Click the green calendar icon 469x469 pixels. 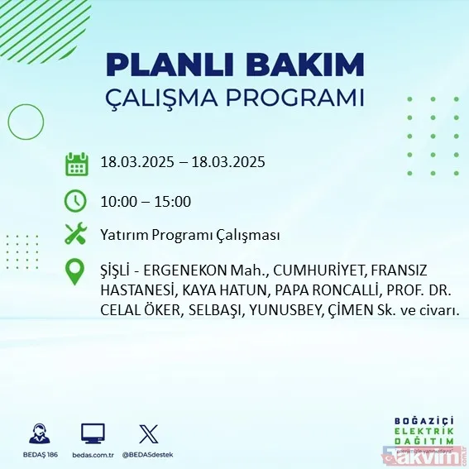pyautogui.click(x=76, y=163)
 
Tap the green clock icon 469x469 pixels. pyautogui.click(x=76, y=201)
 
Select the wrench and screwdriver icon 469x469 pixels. pyautogui.click(x=76, y=235)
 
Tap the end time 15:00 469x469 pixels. pyautogui.click(x=174, y=201)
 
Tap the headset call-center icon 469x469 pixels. pyautogui.click(x=38, y=434)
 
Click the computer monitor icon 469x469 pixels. pyautogui.click(x=93, y=434)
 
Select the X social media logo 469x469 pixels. pyautogui.click(x=148, y=434)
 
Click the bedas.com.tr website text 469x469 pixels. pyautogui.click(x=93, y=455)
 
